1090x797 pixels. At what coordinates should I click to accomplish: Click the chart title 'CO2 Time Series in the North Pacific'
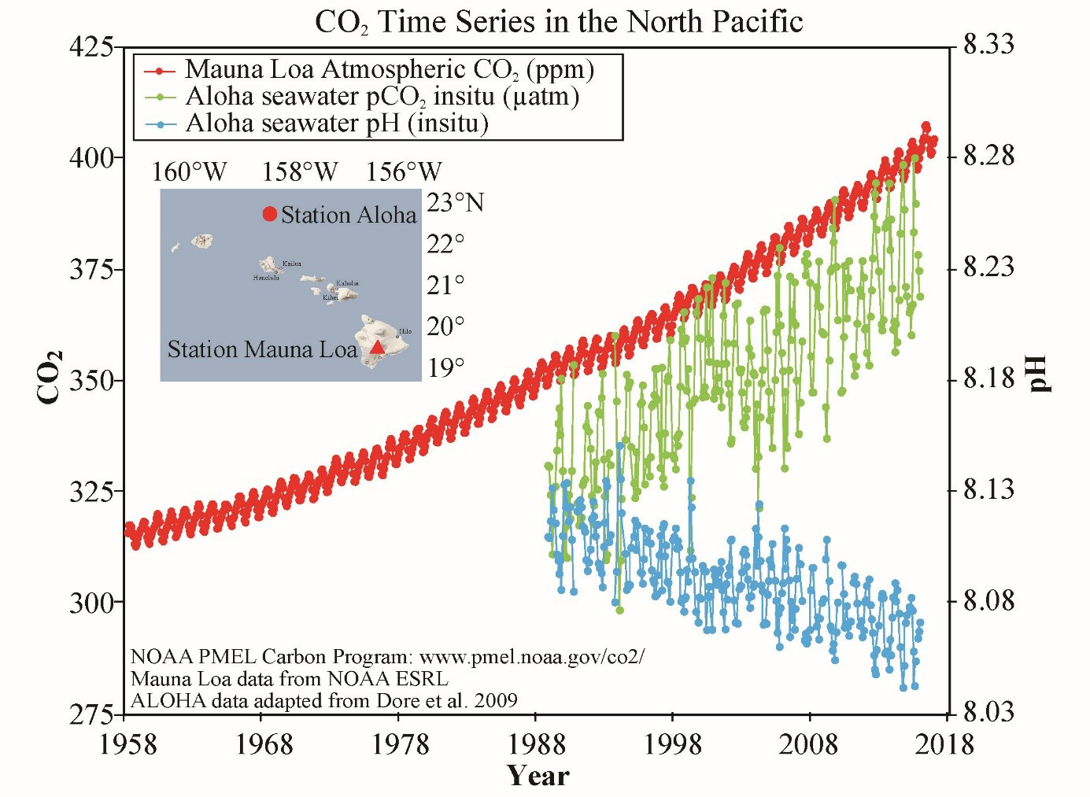click(x=558, y=22)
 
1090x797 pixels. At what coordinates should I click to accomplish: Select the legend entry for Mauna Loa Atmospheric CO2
click(x=389, y=70)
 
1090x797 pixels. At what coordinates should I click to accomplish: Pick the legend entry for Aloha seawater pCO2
click(x=382, y=97)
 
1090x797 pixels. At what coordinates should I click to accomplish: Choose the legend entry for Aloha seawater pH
click(x=336, y=124)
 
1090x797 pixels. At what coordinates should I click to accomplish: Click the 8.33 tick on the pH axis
click(x=988, y=45)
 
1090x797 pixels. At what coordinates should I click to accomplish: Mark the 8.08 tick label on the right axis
click(x=988, y=602)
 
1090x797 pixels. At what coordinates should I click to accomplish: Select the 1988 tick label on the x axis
click(x=537, y=744)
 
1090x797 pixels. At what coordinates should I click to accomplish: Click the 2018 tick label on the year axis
click(x=944, y=744)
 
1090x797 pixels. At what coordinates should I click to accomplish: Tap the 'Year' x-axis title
click(x=538, y=776)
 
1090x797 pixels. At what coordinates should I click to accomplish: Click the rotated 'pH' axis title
click(x=1039, y=373)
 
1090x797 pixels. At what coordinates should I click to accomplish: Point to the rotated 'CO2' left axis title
click(x=50, y=377)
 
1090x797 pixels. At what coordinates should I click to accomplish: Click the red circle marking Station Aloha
click(x=269, y=214)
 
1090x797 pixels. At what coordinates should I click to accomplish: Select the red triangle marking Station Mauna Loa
click(x=378, y=347)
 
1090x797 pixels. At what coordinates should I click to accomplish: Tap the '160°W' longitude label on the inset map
click(x=189, y=172)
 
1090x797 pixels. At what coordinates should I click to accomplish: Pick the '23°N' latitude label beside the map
click(x=455, y=203)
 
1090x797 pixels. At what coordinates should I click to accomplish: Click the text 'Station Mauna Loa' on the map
click(x=262, y=349)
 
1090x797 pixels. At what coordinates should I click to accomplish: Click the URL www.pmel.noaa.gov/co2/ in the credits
click(x=531, y=657)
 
